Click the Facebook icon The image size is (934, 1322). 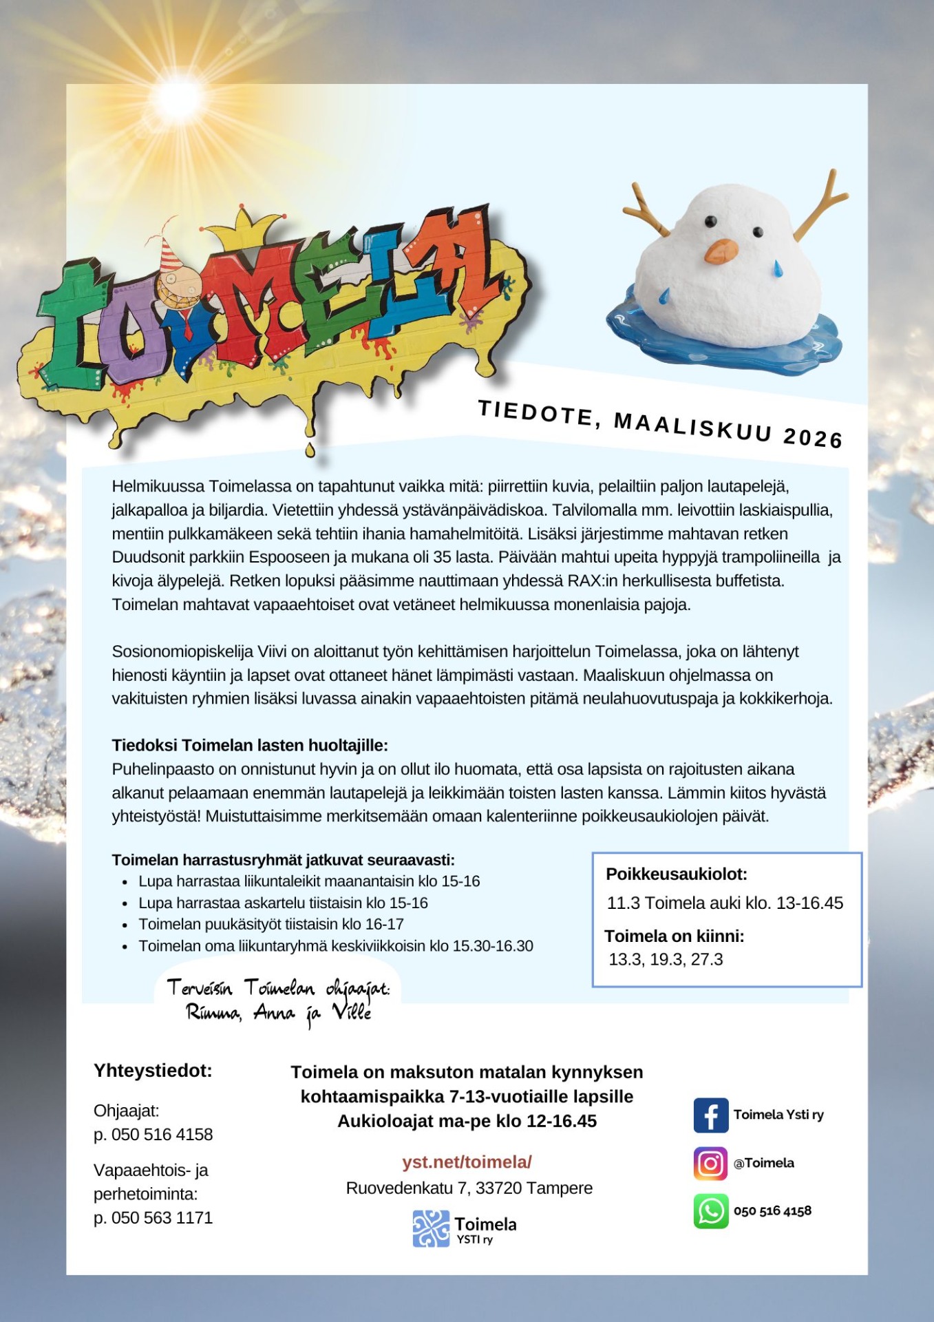[x=710, y=1115]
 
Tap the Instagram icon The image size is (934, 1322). [x=710, y=1163]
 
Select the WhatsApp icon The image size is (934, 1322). [x=710, y=1211]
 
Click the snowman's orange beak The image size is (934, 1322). [x=721, y=251]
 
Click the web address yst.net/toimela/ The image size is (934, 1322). [x=467, y=1162]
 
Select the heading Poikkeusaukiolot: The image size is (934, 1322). [x=676, y=874]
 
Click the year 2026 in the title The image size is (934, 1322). [x=813, y=437]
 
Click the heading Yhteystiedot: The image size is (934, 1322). [x=153, y=1071]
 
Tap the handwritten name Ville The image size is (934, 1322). [x=352, y=1012]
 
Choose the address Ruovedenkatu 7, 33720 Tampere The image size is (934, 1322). [x=469, y=1188]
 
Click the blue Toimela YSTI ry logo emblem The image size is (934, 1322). [x=431, y=1229]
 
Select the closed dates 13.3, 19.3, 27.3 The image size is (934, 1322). [x=666, y=959]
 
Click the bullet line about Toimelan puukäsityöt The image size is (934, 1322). [x=270, y=924]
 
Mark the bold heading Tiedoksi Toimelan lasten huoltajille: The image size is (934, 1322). [x=250, y=745]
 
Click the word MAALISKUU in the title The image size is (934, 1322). [x=692, y=426]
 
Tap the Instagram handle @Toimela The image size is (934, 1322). [x=763, y=1163]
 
